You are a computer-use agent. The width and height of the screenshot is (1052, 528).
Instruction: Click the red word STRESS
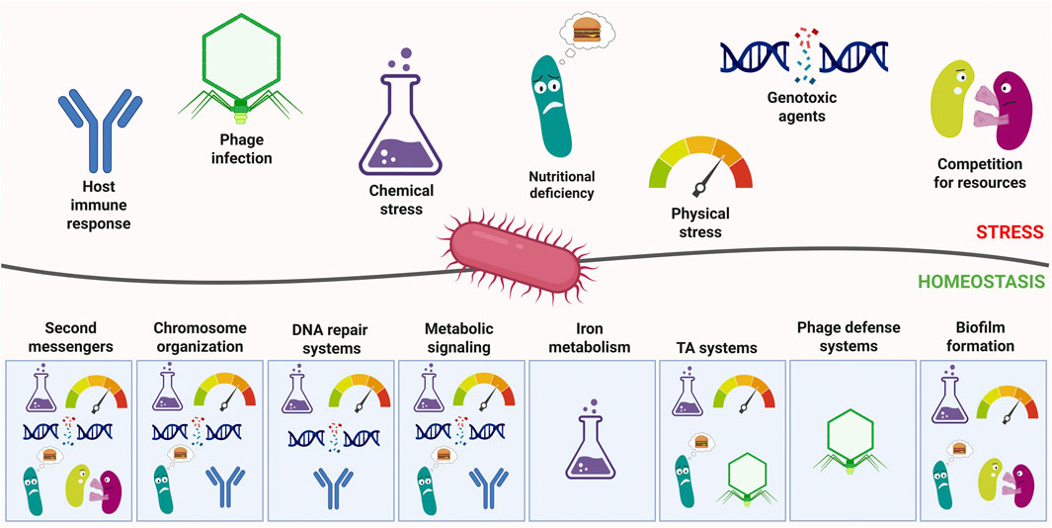point(1010,232)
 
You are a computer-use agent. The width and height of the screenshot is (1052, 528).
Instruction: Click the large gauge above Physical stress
point(699,163)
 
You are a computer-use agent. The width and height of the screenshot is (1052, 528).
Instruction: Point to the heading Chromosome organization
point(201,336)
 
